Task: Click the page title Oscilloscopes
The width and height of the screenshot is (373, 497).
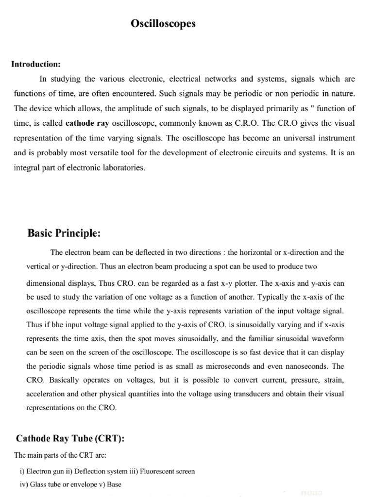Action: click(163, 24)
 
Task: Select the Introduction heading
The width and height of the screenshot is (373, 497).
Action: click(36, 65)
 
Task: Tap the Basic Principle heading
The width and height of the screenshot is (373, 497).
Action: click(64, 233)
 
